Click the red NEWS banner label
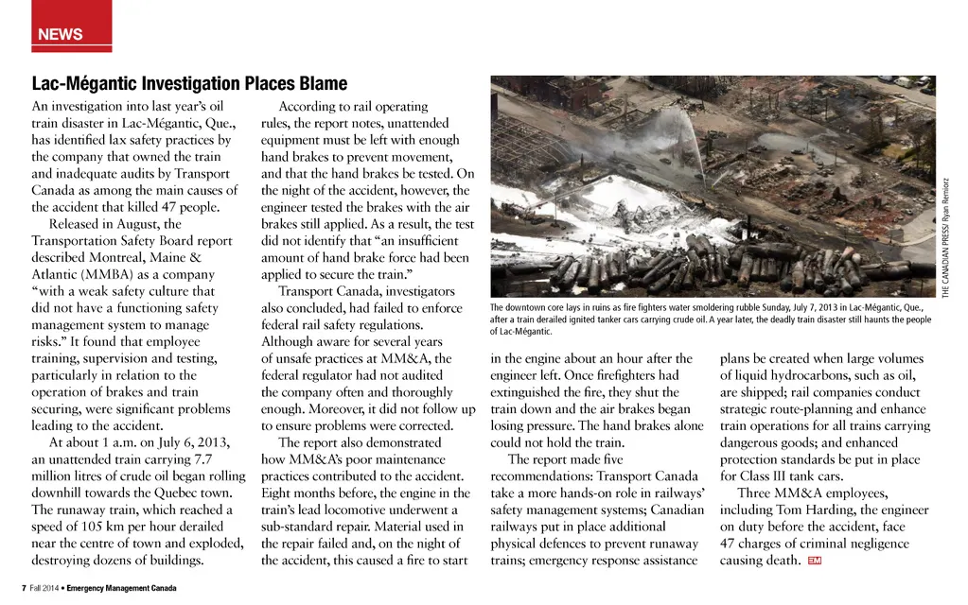point(61,35)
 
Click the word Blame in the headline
point(318,84)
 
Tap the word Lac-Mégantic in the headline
point(82,84)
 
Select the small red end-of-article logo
point(814,562)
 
